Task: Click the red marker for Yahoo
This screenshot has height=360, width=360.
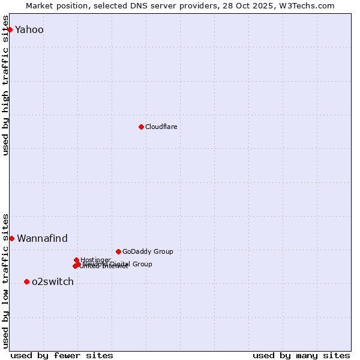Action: (10, 29)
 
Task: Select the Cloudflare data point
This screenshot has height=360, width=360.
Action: (141, 127)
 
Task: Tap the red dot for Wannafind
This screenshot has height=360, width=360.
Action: (11, 238)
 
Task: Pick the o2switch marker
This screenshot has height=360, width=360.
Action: (26, 281)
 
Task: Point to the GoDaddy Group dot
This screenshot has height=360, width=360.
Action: (118, 251)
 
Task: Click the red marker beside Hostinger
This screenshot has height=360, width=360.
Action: (76, 260)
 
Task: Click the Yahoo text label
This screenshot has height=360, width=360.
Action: (29, 29)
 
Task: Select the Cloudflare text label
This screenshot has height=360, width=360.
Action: (161, 127)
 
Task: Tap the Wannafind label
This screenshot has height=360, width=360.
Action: (42, 238)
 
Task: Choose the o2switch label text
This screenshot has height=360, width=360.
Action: (53, 281)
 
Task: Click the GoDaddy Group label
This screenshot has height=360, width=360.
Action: (148, 251)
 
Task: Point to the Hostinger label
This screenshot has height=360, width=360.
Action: (95, 260)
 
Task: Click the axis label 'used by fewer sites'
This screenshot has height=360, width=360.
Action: (62, 355)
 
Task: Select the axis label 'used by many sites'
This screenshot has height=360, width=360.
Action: (301, 355)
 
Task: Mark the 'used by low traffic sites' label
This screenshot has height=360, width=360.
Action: (6, 280)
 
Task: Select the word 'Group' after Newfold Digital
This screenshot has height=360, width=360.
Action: (142, 264)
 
